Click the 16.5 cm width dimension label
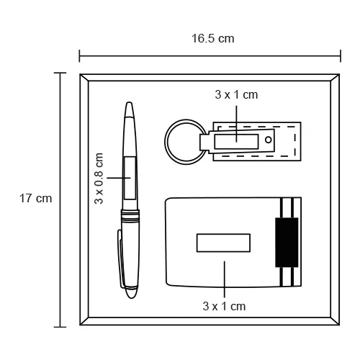click(213, 39)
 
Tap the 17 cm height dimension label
click(35, 199)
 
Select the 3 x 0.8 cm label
click(99, 179)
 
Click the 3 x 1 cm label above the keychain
click(236, 95)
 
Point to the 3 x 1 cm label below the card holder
click(224, 307)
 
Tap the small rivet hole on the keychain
click(269, 140)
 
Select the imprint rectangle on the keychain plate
click(236, 142)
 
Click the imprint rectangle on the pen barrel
click(130, 178)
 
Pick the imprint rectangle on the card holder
click(223, 243)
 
